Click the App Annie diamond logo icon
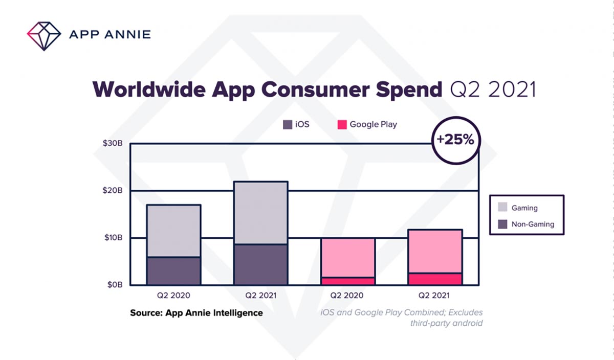(44, 35)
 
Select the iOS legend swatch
(288, 124)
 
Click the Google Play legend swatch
(342, 124)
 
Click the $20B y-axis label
(112, 191)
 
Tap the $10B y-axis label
(112, 238)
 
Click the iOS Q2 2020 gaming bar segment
(173, 231)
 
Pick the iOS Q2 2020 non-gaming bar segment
(173, 271)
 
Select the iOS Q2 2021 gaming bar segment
(260, 213)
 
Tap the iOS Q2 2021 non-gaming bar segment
(260, 265)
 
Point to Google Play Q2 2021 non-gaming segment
(435, 279)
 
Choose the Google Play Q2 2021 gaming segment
(435, 251)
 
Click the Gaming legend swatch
(503, 208)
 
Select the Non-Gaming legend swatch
(503, 224)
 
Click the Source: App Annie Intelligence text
(196, 312)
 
